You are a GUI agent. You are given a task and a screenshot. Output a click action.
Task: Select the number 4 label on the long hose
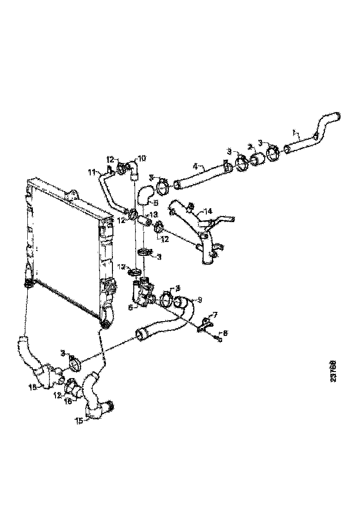click(195, 165)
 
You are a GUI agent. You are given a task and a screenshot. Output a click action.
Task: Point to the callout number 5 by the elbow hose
click(156, 203)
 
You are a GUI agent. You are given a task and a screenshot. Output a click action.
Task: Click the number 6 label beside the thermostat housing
click(130, 307)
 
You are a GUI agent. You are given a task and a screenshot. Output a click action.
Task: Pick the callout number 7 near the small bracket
click(214, 315)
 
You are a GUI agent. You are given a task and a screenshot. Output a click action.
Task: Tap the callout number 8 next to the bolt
click(225, 332)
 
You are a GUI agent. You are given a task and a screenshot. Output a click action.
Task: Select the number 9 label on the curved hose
click(199, 300)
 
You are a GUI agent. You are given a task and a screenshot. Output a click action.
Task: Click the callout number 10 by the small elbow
click(142, 158)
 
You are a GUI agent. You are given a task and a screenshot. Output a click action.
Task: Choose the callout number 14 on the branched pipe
click(209, 211)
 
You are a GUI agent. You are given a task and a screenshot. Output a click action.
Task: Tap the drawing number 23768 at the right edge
click(333, 372)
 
